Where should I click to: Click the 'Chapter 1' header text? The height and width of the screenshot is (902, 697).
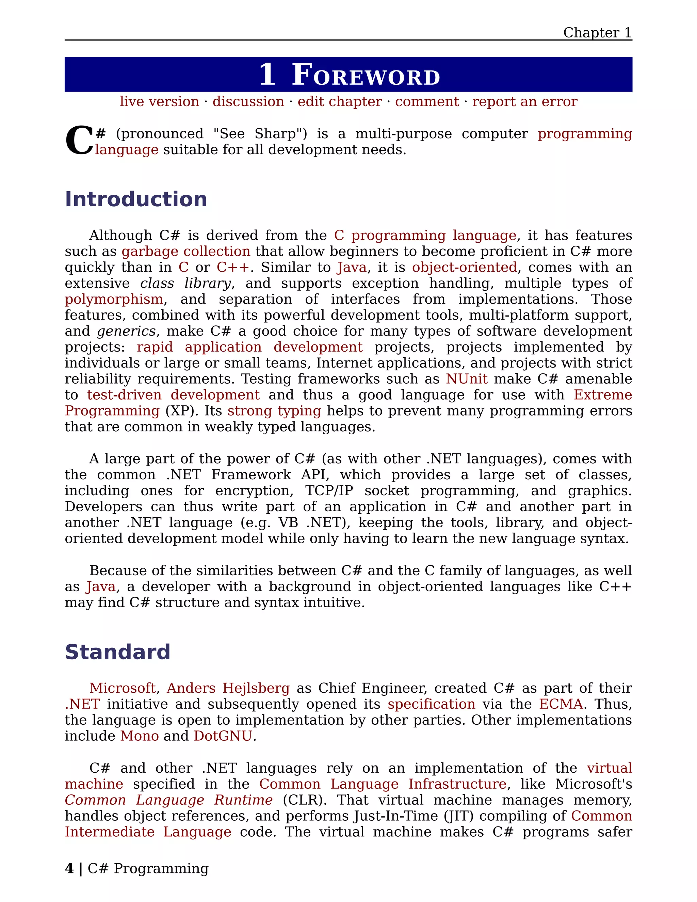point(597,33)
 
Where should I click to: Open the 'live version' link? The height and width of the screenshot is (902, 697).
point(159,101)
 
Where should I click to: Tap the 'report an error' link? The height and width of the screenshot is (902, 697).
point(524,101)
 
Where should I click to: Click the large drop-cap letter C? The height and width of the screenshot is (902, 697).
point(79,142)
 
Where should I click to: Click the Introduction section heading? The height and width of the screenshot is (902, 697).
point(136,199)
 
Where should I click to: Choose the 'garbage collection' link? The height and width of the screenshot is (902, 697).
point(186,252)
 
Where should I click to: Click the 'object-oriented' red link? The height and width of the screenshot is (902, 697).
point(464,268)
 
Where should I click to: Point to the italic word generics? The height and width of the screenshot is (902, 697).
point(126,331)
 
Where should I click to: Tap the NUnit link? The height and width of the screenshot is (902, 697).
point(466,379)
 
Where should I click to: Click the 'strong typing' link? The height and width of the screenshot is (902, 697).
point(274,411)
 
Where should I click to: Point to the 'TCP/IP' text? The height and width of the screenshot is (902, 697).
point(329,490)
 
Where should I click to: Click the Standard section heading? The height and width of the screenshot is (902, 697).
point(118,652)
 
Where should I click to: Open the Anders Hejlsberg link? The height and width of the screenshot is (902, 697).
point(228,688)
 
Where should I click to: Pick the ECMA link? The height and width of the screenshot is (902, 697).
point(561,704)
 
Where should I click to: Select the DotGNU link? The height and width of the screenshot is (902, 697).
point(223,736)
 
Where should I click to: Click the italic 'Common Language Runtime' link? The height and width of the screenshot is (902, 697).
point(168,800)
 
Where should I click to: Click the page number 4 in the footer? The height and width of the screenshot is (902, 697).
point(69,869)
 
